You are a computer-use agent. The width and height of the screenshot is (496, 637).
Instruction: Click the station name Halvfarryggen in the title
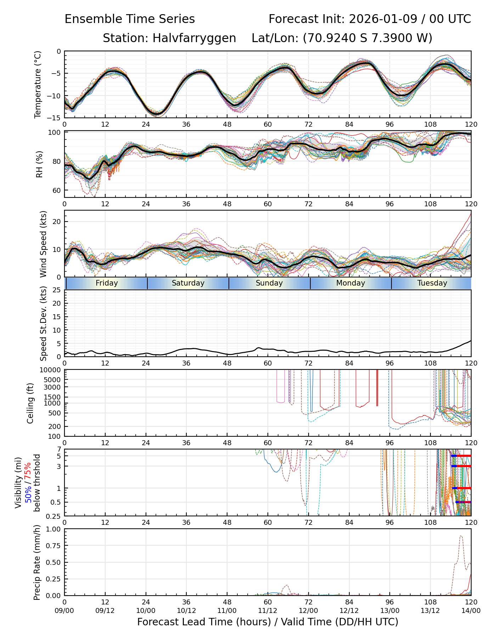[x=194, y=38]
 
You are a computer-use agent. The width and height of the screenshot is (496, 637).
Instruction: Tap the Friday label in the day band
[x=107, y=283]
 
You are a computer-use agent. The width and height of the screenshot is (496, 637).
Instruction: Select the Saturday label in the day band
[x=188, y=283]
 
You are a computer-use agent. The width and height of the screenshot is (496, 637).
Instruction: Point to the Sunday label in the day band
[x=269, y=283]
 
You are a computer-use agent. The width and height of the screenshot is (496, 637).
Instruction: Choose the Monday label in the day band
[x=350, y=283]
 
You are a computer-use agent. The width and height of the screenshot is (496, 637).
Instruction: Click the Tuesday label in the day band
[x=432, y=283]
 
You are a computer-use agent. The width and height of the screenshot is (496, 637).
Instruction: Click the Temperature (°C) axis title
[x=38, y=84]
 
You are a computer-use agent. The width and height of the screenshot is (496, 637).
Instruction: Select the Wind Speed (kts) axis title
[x=43, y=244]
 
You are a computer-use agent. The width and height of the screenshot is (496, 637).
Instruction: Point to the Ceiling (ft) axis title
[x=30, y=403]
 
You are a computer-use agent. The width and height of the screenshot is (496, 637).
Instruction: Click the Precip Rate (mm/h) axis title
[x=37, y=562]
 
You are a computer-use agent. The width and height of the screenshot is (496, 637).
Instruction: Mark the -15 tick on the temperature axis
[x=56, y=118]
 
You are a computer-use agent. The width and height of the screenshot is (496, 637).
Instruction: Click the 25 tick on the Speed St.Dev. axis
[x=57, y=290]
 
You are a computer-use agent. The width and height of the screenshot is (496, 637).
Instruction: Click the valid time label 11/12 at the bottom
[x=267, y=610]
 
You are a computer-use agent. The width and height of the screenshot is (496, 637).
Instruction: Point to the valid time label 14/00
[x=471, y=610]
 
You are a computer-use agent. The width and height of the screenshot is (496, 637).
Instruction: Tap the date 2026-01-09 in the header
[x=383, y=19]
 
